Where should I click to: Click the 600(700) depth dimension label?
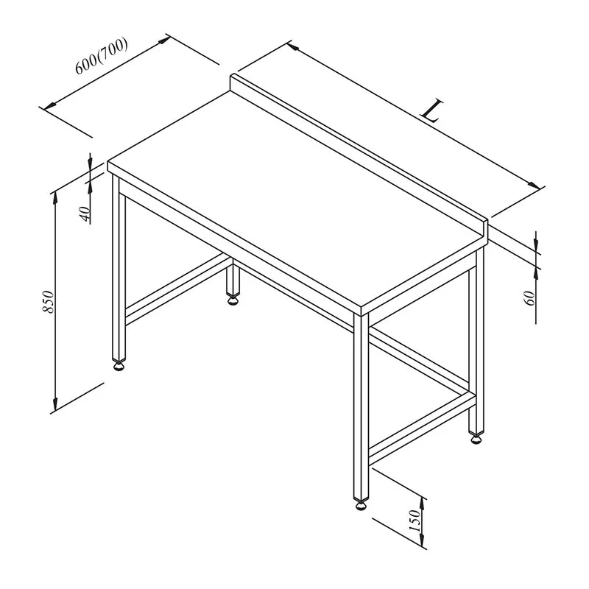tap(102, 57)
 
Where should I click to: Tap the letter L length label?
tap(432, 110)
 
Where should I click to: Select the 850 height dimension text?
tap(49, 301)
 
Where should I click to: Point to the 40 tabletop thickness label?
tap(86, 214)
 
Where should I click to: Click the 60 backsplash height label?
tap(529, 298)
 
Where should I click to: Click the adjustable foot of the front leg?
tap(361, 504)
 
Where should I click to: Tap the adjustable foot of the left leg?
tap(119, 364)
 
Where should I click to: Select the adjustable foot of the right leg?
tap(476, 438)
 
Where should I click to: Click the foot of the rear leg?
tap(233, 300)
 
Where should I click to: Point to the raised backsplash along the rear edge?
tap(359, 156)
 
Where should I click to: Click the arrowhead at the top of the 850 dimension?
tap(55, 197)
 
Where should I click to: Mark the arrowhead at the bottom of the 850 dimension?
tap(55, 405)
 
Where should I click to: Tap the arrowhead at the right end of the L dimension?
tap(535, 186)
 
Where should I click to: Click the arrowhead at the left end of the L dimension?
tap(293, 46)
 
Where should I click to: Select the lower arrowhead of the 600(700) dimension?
tap(50, 106)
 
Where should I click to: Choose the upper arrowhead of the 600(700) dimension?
tap(164, 40)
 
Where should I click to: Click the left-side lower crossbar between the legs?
tap(177, 289)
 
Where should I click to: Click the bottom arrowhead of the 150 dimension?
tap(423, 541)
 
